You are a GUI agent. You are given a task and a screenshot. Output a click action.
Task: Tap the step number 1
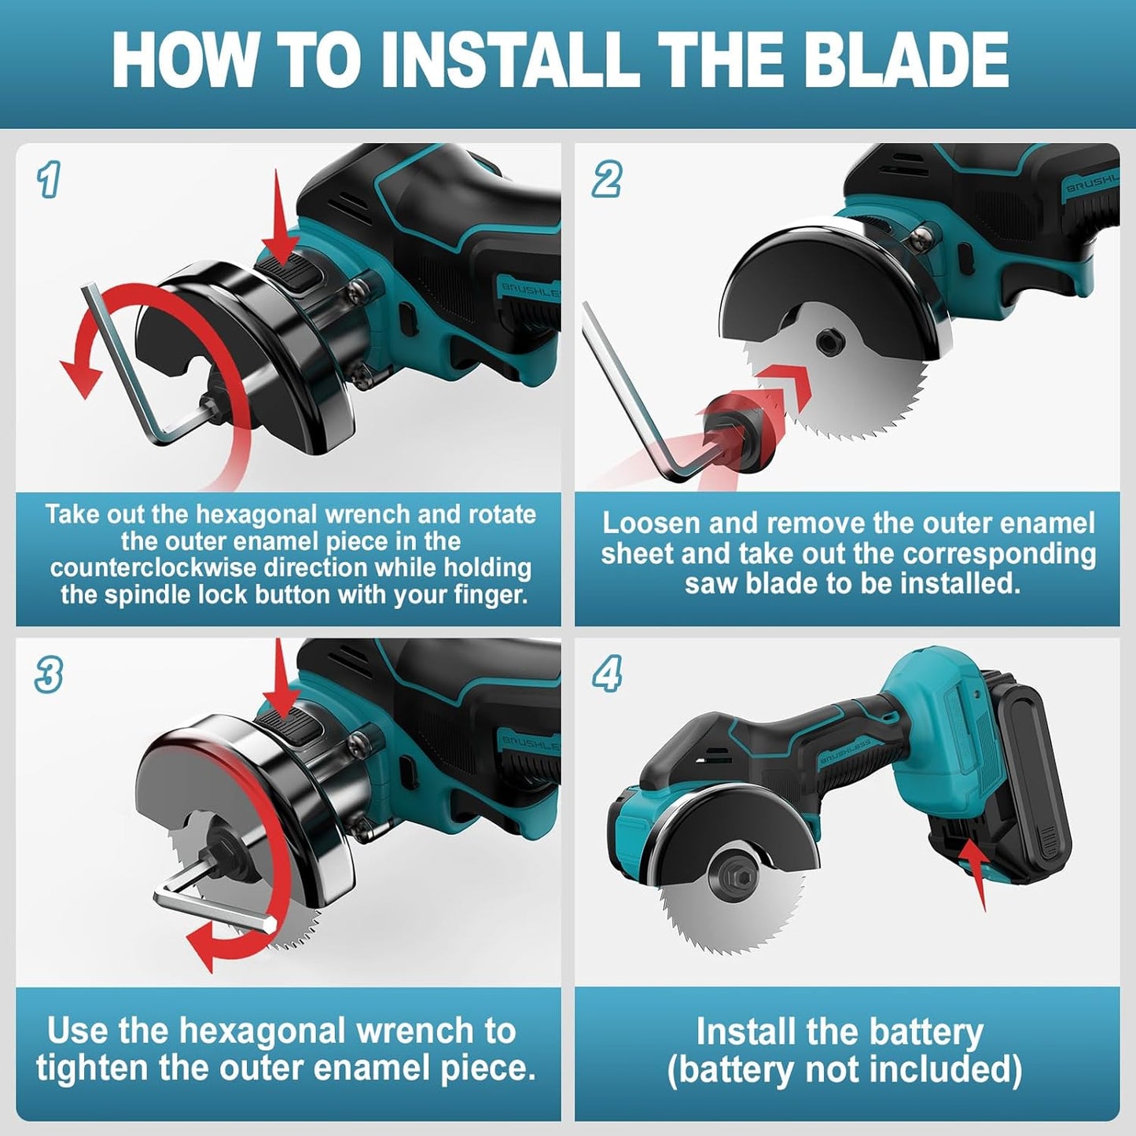click(49, 180)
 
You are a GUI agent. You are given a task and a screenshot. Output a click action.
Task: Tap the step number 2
click(606, 180)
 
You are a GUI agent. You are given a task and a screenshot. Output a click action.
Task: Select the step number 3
click(49, 676)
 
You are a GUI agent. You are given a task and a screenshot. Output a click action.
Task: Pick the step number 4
click(606, 675)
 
